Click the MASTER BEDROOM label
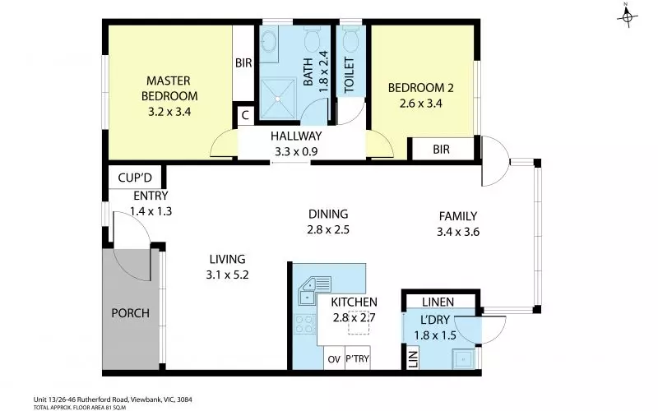tap(169, 88)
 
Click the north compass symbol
tap(626, 16)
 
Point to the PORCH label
tap(130, 313)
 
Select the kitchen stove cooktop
tap(304, 322)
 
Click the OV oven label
tap(333, 359)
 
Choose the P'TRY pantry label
tap(358, 359)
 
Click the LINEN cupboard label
tap(438, 301)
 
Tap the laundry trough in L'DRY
tap(463, 358)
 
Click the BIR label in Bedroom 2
tap(442, 150)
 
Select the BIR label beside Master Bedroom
tap(243, 63)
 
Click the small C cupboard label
tap(244, 116)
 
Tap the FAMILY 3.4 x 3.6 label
tap(458, 224)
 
